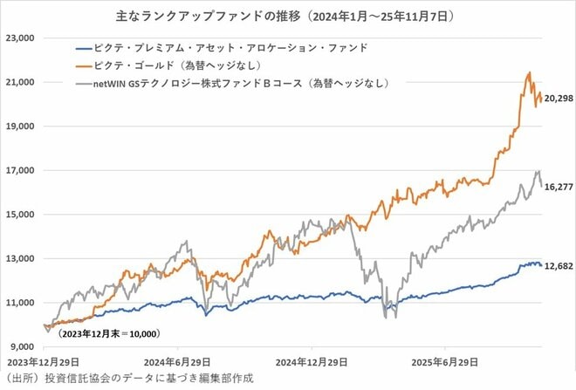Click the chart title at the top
pyautogui.click(x=289, y=15)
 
